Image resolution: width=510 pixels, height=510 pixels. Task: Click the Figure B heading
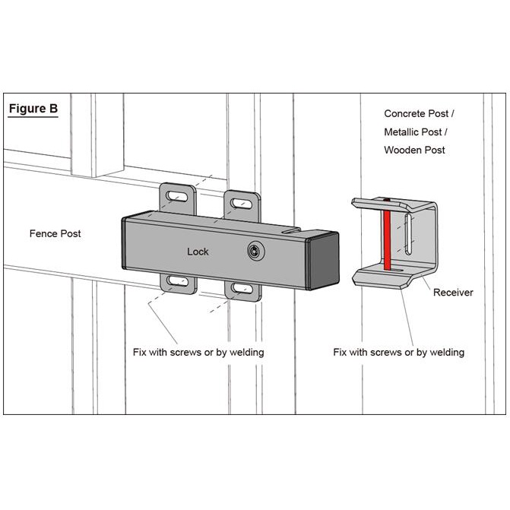pyautogui.click(x=33, y=108)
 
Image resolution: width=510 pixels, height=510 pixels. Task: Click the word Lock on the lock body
pyautogui.click(x=198, y=251)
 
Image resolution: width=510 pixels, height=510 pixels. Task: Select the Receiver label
pyautogui.click(x=453, y=292)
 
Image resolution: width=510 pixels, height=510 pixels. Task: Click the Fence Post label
pyautogui.click(x=55, y=233)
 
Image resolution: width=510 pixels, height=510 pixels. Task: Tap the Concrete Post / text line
pyautogui.click(x=420, y=114)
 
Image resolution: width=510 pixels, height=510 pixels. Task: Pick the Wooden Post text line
pyautogui.click(x=414, y=150)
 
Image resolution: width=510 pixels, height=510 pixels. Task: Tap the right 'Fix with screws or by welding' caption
pyautogui.click(x=399, y=353)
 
